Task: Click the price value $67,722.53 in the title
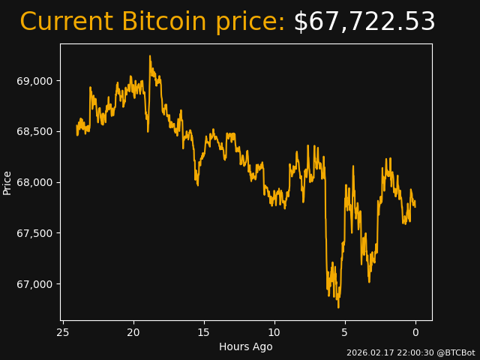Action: (364, 22)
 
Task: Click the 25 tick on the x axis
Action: (63, 332)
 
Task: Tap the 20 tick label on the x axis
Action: (133, 332)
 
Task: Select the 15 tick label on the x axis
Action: (204, 332)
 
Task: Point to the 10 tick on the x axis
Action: (274, 332)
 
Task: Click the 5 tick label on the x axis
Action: (345, 332)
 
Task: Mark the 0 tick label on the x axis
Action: (415, 332)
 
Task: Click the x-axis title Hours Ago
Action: (246, 346)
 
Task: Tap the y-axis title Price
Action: (7, 182)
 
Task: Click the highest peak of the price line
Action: (150, 55)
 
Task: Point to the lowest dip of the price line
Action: (338, 307)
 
